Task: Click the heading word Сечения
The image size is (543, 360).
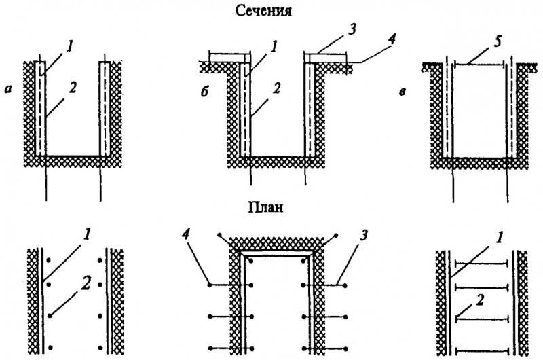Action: pos(263,11)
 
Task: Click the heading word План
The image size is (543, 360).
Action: pos(265,207)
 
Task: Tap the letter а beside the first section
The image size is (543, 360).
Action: pos(8,90)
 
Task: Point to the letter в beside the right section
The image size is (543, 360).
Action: pos(402,92)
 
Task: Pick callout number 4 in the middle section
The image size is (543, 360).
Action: pos(391,40)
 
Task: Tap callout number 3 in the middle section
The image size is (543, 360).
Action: pos(352,29)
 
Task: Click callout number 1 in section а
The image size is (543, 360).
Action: pos(69,47)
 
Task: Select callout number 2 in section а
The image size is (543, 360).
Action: pos(72,88)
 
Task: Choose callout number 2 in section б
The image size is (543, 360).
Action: pos(276,89)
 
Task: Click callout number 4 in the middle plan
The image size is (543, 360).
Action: pos(185,237)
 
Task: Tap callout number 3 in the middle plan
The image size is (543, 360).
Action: pos(363,236)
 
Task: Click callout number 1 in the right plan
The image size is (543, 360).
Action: pos(499,238)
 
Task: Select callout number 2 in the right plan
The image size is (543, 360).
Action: pos(479,301)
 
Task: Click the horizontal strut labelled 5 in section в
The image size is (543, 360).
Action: pos(479,64)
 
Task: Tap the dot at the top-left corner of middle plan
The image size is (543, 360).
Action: pos(219,235)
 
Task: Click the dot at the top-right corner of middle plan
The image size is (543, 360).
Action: pos(335,236)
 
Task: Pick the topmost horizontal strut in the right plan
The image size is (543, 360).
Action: pos(481,264)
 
